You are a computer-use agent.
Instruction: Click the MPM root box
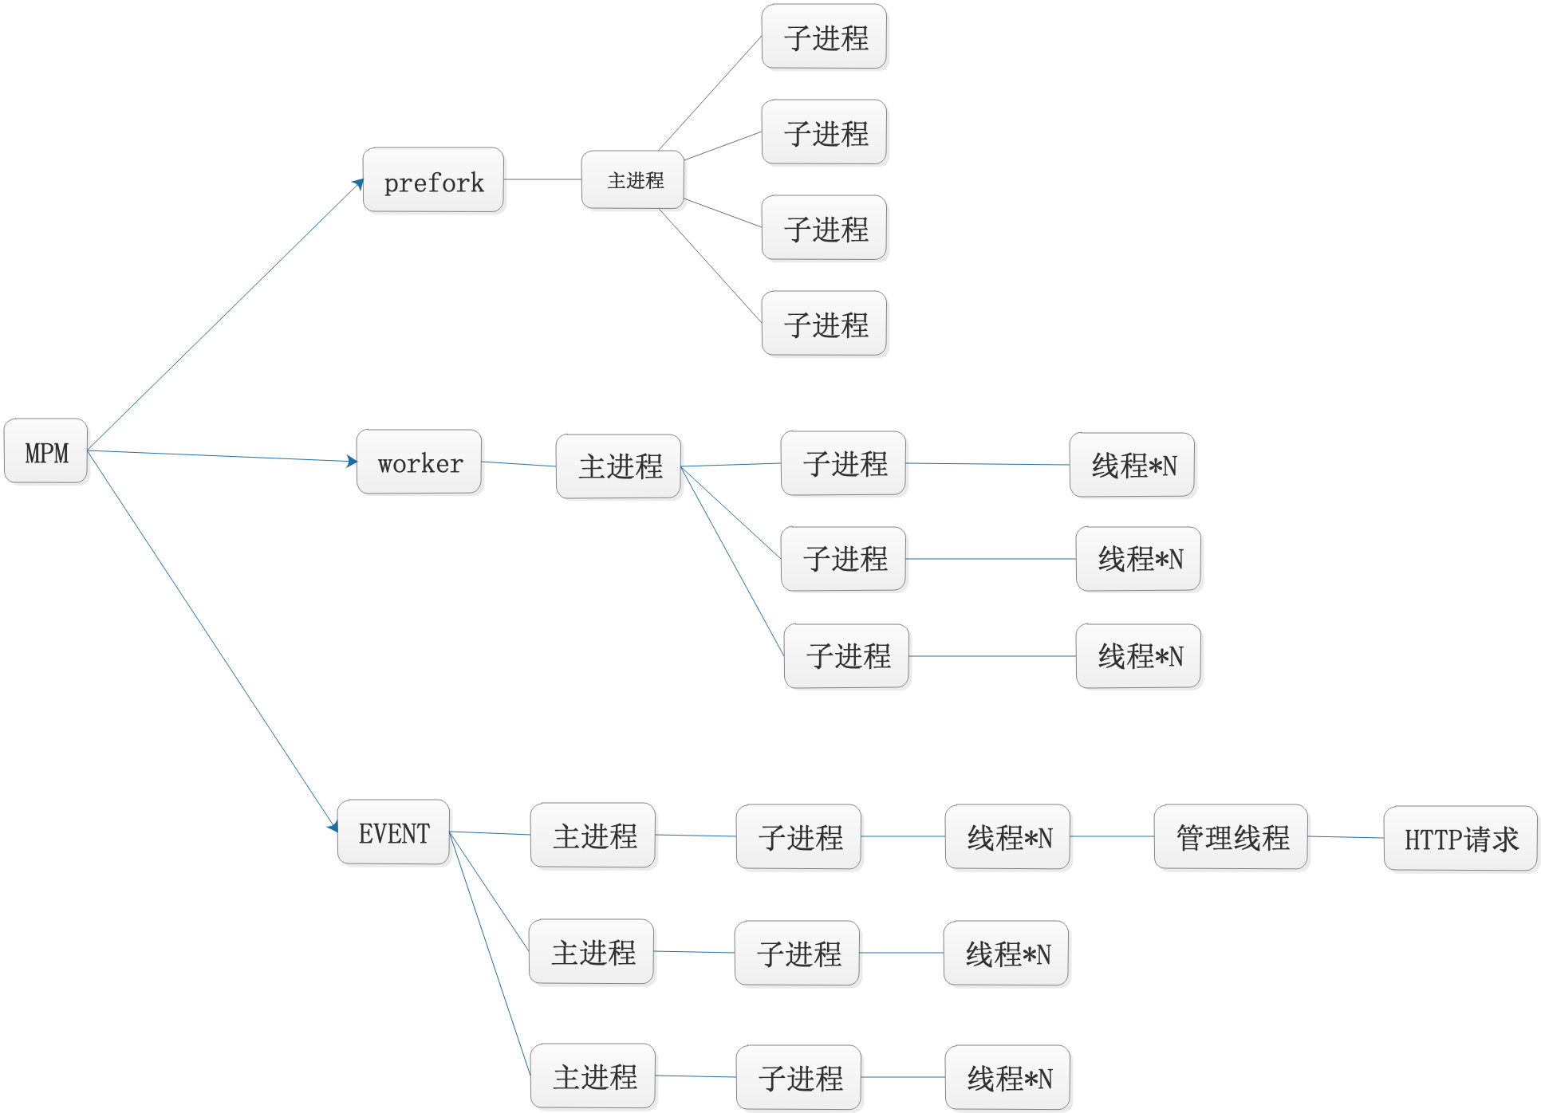45,450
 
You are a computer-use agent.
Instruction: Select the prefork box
432,180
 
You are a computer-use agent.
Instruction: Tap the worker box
419,462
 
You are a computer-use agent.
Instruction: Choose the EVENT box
393,832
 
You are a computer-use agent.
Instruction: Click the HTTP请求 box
1460,838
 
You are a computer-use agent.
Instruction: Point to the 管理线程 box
1230,836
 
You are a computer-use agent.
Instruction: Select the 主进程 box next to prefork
633,180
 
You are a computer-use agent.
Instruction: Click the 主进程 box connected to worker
618,466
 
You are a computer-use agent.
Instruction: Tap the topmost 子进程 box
824,37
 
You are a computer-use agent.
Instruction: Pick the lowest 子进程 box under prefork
824,323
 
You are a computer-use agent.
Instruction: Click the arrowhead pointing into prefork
359,184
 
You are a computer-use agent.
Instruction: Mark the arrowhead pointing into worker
352,461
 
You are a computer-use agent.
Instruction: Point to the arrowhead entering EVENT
333,828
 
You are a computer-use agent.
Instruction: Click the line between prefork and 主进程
542,179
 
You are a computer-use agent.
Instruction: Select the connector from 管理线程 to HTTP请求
1346,837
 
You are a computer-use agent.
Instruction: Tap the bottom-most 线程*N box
1007,1077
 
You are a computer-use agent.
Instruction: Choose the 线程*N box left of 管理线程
1007,836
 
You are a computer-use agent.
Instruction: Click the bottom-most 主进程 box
593,1076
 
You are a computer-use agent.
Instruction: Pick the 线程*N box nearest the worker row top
1132,465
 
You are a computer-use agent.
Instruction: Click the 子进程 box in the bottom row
798,1077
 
